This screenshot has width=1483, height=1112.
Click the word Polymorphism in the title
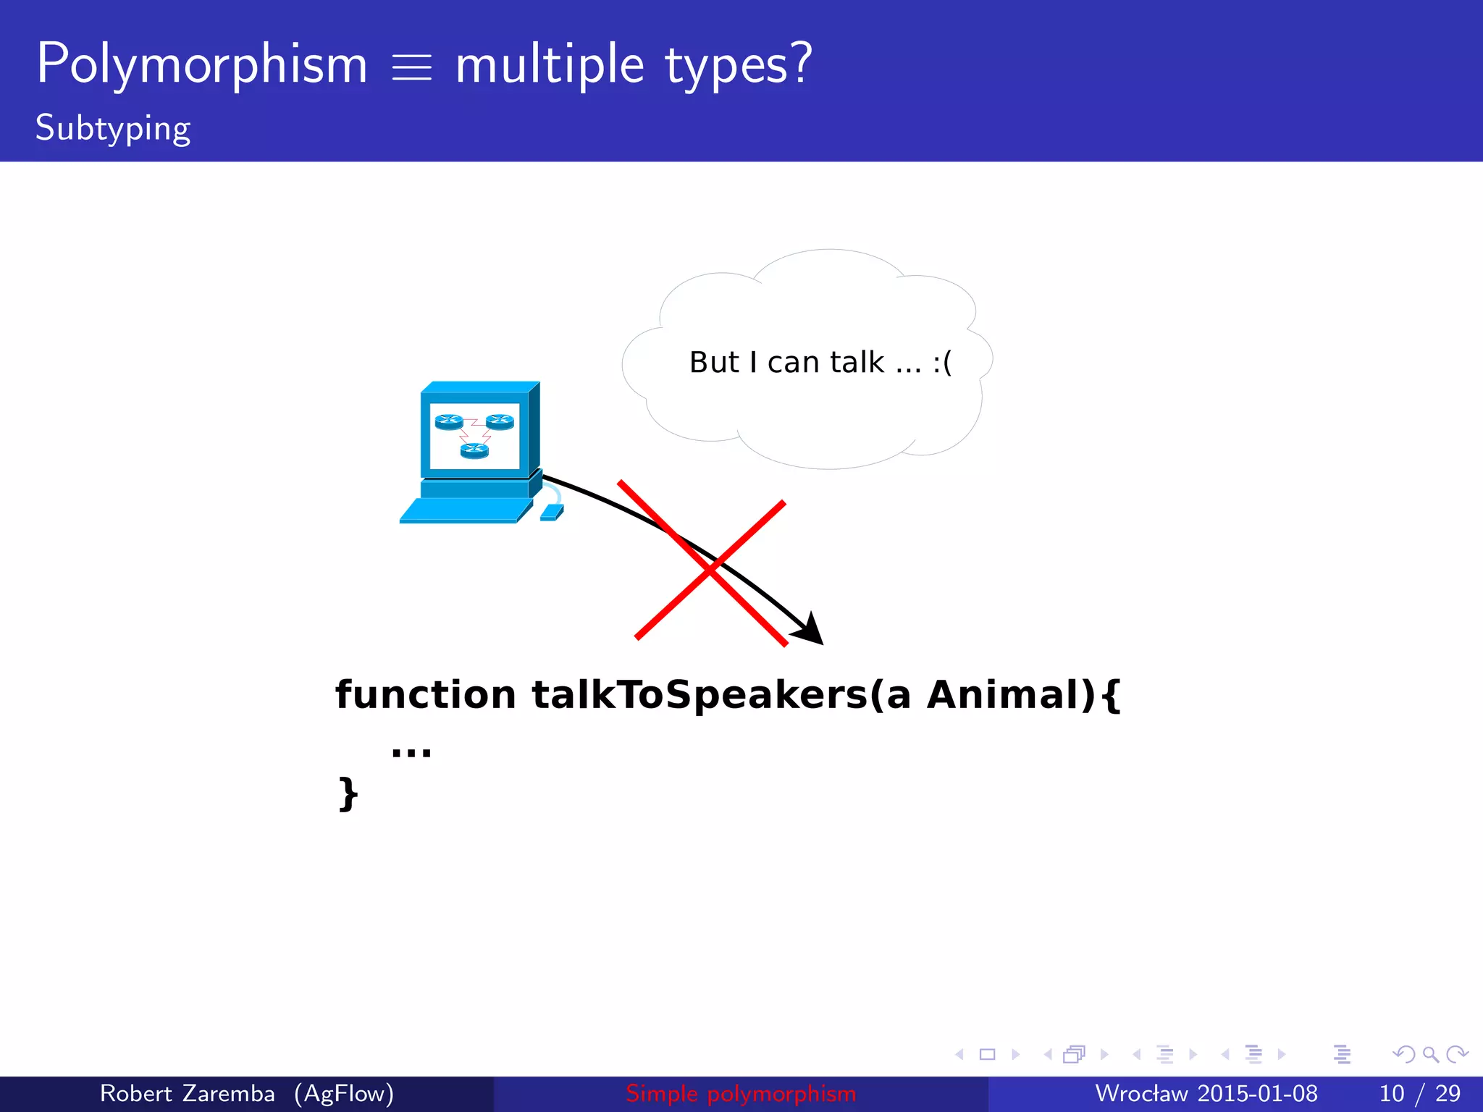point(202,65)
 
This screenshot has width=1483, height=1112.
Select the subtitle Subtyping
point(113,129)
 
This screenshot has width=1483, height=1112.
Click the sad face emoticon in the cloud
point(942,362)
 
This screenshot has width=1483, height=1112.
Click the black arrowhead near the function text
point(810,629)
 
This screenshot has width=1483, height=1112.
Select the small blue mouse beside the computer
point(551,513)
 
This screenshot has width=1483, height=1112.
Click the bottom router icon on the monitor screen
point(474,451)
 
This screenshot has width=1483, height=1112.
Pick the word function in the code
point(425,695)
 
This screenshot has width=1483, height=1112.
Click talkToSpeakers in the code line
point(699,695)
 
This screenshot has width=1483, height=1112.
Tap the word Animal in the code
point(1011,695)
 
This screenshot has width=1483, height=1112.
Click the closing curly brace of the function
point(348,794)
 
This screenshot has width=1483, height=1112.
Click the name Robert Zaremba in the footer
point(187,1093)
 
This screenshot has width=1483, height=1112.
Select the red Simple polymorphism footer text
point(741,1093)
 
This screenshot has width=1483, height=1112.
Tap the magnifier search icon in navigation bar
point(1430,1054)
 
